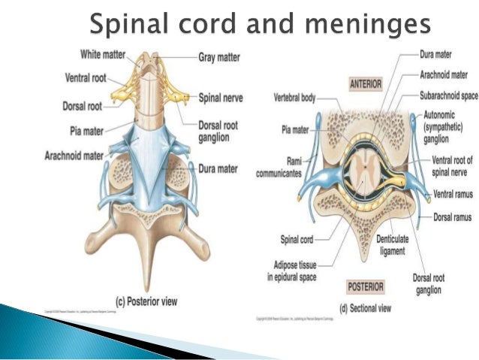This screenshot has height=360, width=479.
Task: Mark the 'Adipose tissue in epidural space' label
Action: pos(294,271)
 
